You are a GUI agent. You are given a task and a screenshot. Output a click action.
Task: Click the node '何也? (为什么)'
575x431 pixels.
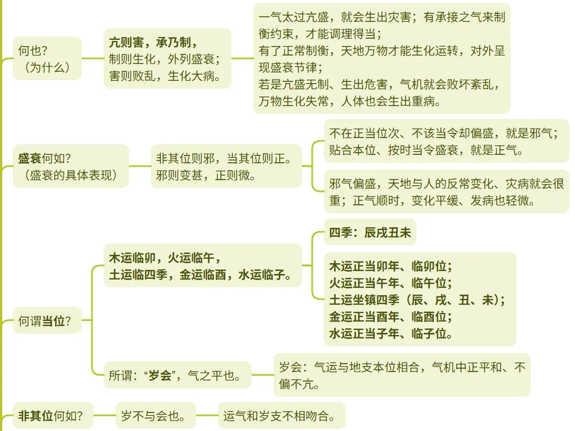[x=47, y=58]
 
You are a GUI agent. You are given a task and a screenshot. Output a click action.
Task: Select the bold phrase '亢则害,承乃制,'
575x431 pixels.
[x=153, y=42]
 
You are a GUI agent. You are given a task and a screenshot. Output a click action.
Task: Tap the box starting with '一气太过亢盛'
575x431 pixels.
[x=382, y=58]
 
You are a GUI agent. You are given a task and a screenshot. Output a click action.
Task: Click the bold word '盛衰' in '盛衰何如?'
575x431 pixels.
[x=30, y=159]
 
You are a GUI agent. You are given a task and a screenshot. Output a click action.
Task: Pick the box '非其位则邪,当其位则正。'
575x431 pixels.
[x=225, y=166]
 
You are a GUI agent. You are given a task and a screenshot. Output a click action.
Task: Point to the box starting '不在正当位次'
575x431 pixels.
[x=446, y=141]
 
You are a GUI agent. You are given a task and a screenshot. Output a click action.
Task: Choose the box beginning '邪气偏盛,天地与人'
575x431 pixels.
[x=446, y=191]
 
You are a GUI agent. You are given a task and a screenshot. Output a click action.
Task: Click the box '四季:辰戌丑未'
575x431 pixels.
[x=370, y=232]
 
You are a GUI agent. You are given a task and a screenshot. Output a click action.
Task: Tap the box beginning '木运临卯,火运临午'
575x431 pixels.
[x=202, y=266]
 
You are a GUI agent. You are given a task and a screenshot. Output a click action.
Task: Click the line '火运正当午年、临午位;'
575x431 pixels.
[x=391, y=282]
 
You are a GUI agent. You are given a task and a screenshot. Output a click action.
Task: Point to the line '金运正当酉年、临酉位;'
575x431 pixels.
[x=391, y=317]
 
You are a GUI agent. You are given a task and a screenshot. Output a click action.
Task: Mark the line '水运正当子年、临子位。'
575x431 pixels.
[x=391, y=334]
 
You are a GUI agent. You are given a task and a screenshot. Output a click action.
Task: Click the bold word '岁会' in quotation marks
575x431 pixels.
[x=160, y=375]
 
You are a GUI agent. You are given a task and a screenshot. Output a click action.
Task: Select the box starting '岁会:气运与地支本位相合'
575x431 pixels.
[x=402, y=375]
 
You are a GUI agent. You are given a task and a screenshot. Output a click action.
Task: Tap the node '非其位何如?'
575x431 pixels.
[x=50, y=416]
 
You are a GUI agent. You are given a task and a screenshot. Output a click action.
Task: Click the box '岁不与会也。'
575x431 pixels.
[x=155, y=416]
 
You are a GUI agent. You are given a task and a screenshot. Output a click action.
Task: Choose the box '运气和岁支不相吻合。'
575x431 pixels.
[x=281, y=416]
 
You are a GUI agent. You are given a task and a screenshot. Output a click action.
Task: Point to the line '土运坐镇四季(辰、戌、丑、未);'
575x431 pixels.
[x=417, y=300]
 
